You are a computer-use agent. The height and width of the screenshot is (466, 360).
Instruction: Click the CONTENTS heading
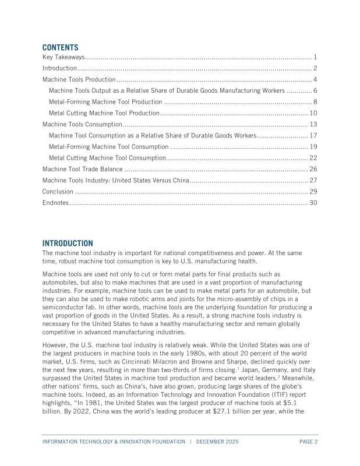[60, 47]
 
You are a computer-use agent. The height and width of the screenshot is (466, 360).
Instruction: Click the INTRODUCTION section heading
[68, 243]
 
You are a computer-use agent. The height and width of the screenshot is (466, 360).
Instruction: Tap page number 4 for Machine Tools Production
[315, 79]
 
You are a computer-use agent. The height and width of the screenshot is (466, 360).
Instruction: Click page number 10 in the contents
[313, 113]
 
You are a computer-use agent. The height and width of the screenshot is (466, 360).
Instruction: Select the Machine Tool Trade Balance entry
[82, 169]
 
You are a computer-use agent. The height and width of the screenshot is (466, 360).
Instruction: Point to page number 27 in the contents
[313, 180]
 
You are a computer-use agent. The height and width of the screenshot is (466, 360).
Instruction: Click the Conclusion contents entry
[58, 191]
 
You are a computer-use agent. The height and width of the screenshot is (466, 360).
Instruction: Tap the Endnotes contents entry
[56, 203]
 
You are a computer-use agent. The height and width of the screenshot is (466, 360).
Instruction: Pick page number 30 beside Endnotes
[313, 203]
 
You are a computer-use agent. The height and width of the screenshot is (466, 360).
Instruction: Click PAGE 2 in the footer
[308, 442]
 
